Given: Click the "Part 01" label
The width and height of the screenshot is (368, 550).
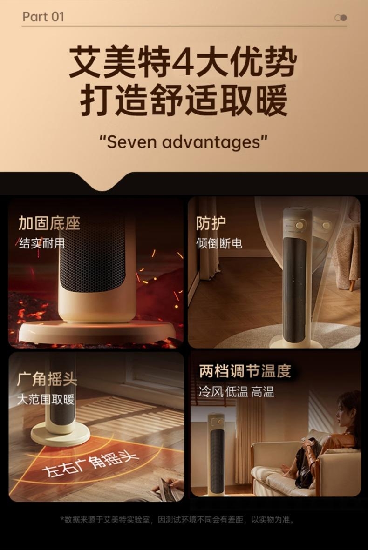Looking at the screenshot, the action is (x=43, y=16).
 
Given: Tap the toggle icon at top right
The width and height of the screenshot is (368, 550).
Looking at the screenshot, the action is (x=341, y=18).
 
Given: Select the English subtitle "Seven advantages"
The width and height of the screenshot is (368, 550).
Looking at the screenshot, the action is (x=183, y=142).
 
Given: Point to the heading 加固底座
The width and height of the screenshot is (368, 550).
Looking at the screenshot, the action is (x=49, y=223).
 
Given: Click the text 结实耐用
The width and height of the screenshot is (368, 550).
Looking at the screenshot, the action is (x=42, y=243).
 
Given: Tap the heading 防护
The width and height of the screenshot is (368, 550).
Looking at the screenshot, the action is (x=211, y=223).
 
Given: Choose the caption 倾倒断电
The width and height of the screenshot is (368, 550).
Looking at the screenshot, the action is (x=219, y=243).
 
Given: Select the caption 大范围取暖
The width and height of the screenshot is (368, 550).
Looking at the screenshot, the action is (x=46, y=399).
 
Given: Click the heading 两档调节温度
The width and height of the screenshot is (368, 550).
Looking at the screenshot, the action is (x=245, y=371).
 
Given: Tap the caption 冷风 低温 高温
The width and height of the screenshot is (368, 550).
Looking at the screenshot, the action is (x=236, y=391).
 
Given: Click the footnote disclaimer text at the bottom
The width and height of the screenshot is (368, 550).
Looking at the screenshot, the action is (x=177, y=519).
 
